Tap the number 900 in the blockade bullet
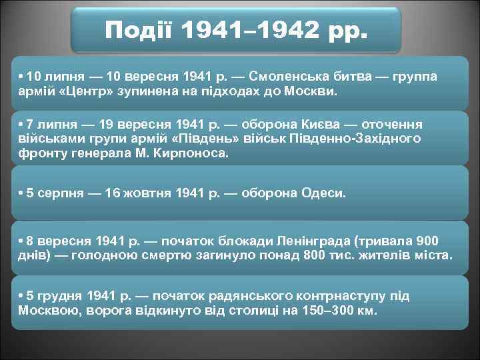click(x=427, y=241)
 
